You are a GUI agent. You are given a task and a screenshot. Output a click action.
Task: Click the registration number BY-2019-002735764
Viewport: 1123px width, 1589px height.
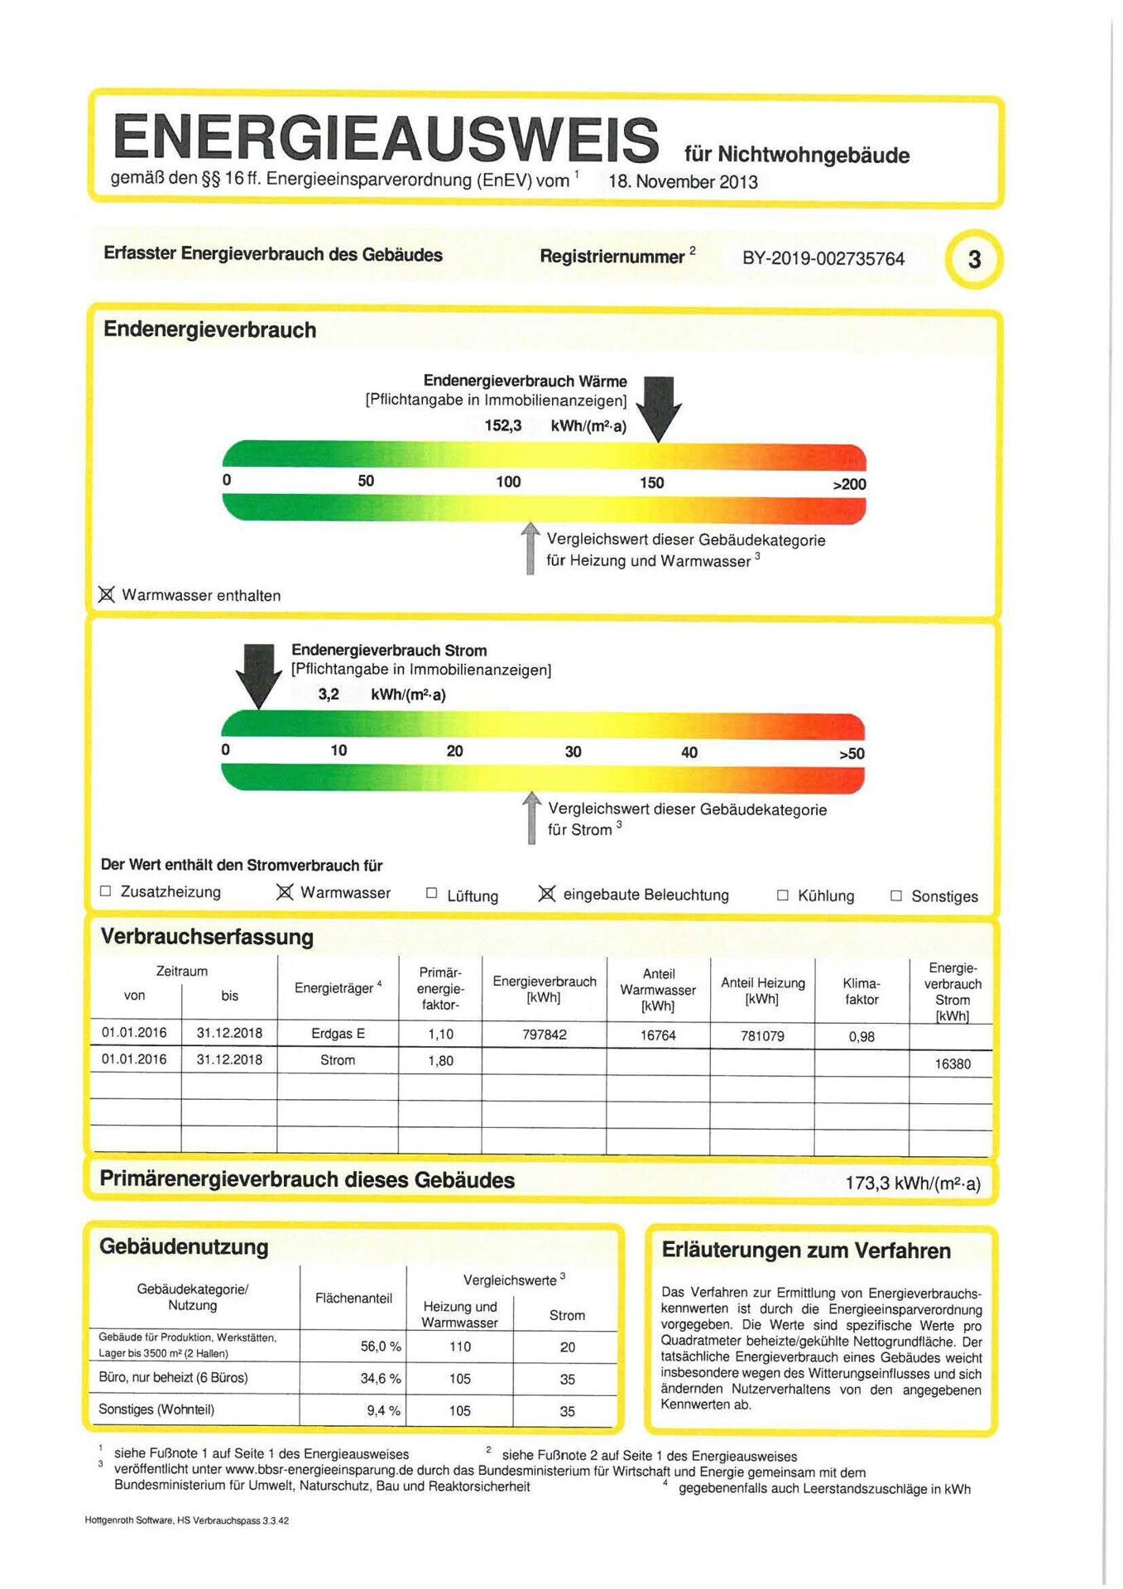[x=823, y=258]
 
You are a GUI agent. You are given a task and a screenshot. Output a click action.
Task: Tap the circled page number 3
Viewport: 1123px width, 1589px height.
[x=974, y=260]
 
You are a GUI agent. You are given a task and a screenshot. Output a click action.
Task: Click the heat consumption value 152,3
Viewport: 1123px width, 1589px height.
[x=503, y=425]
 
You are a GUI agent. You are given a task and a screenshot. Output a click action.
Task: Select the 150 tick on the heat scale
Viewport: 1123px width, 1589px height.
[x=651, y=482]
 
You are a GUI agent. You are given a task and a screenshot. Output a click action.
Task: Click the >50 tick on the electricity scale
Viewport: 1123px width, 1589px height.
[x=852, y=753]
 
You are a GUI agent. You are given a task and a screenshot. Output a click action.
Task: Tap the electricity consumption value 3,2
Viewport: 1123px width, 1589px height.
[x=329, y=694]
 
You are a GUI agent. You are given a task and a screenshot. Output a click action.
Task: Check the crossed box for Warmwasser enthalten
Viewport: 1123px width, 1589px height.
[x=107, y=594]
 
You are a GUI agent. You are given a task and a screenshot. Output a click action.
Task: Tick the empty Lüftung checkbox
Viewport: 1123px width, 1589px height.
[x=431, y=893]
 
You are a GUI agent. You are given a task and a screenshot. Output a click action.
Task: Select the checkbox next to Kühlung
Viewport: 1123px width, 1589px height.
[x=782, y=895]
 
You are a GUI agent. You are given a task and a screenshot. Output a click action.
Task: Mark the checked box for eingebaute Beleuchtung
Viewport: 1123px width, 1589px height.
[x=547, y=894]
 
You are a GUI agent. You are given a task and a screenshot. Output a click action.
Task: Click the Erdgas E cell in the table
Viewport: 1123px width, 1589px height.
[x=338, y=1034]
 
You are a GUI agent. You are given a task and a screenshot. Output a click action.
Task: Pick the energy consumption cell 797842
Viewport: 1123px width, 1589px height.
[x=544, y=1035]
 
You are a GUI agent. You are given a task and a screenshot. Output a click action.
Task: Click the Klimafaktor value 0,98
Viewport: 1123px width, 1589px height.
[x=861, y=1036]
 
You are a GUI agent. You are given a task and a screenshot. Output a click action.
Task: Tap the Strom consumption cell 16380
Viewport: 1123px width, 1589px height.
[x=953, y=1063]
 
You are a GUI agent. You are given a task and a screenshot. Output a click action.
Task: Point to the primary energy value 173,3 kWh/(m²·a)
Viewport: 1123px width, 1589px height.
[x=912, y=1183]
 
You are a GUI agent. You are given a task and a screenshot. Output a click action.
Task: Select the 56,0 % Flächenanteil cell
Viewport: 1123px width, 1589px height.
[x=380, y=1347]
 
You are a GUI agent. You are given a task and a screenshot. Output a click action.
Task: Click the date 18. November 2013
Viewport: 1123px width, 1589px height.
[x=683, y=182]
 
